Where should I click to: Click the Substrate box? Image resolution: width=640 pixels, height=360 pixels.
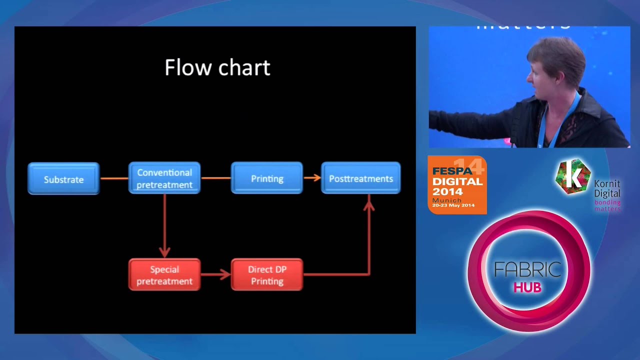click(x=63, y=178)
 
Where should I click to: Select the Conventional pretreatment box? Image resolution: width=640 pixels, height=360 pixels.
click(x=164, y=178)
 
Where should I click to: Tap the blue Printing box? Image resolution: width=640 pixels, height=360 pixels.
click(x=267, y=178)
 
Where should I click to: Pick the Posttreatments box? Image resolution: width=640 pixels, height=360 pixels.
click(x=360, y=178)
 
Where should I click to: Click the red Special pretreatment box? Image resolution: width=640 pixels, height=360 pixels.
click(x=164, y=274)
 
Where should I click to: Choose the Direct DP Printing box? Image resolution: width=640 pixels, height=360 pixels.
click(x=267, y=274)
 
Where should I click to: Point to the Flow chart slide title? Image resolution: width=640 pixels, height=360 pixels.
click(x=217, y=67)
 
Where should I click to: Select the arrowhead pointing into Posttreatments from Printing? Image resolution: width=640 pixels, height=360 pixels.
click(x=316, y=177)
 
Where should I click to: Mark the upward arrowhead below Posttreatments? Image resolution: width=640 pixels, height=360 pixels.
click(x=369, y=202)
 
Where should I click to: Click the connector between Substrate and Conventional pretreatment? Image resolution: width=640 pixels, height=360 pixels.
click(x=114, y=178)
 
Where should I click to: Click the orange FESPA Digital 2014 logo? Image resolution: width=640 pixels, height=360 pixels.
click(x=457, y=185)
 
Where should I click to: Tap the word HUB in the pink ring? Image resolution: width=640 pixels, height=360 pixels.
click(x=527, y=288)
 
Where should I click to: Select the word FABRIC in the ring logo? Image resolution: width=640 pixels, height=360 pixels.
click(x=527, y=269)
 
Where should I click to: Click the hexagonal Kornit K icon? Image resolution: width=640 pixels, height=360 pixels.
click(x=573, y=176)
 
